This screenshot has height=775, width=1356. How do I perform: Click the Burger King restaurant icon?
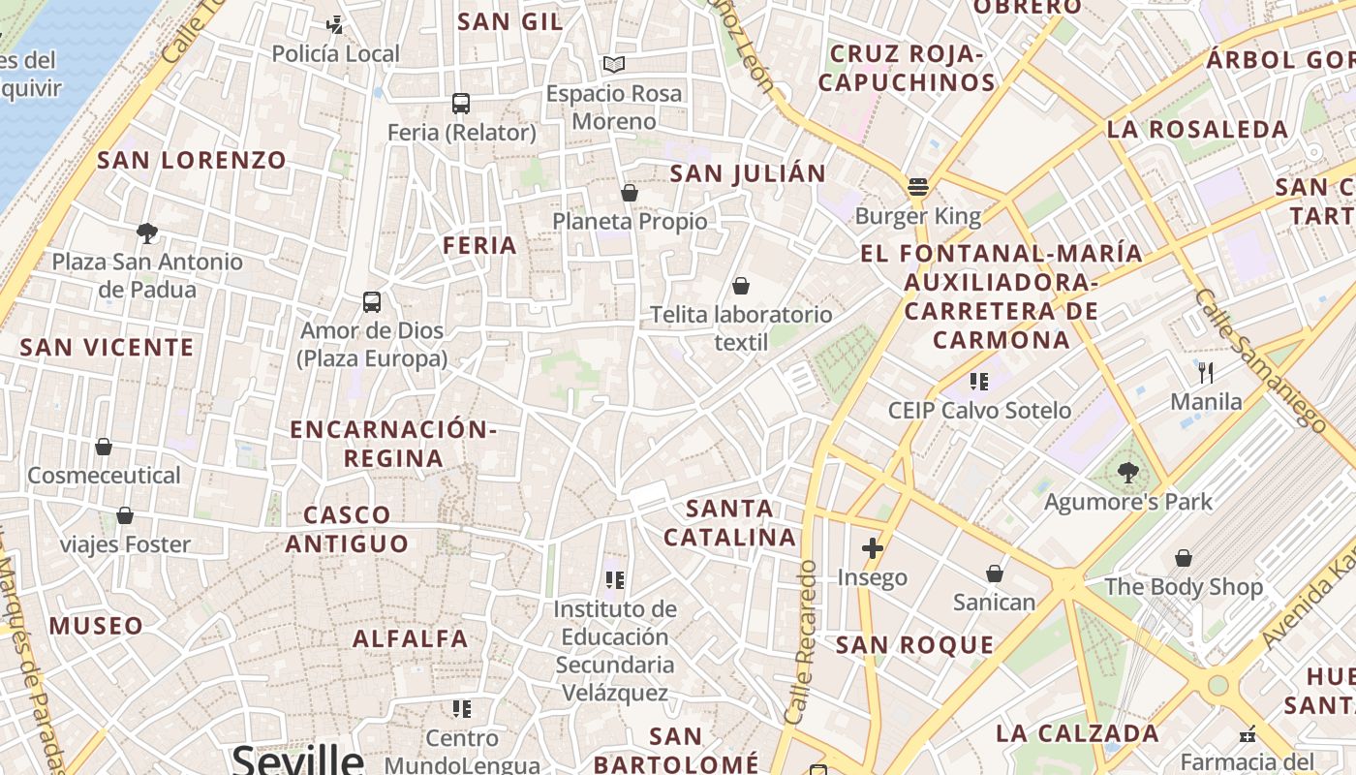pos(918,186)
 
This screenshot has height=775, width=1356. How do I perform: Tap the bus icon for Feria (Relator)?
pos(461,103)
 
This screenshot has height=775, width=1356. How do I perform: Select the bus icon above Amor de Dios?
pos(372,301)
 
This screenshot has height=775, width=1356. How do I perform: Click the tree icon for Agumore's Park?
pos(1127,473)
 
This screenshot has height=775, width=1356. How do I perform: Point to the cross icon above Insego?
pos(873,548)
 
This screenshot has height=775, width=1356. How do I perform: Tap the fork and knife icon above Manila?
pos(1206,372)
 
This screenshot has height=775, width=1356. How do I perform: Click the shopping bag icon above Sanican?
pos(994,573)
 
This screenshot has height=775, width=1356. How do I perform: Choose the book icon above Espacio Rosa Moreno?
pos(614,65)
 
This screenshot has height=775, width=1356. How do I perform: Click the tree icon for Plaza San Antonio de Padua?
pos(147,232)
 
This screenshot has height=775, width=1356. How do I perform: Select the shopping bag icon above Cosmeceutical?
pos(104,447)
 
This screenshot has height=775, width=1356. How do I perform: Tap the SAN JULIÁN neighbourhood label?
pos(749,174)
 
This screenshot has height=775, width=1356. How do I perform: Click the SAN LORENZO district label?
pos(192,161)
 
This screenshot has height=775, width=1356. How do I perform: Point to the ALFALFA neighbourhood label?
pos(411,638)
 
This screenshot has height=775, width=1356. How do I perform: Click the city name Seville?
pos(297,759)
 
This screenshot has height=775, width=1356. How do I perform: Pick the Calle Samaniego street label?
pos(1259,358)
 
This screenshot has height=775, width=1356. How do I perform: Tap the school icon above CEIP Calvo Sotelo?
pos(978,382)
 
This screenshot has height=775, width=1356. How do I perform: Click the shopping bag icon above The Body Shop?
pos(1184,558)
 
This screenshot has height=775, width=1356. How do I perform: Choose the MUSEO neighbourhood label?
pos(97,626)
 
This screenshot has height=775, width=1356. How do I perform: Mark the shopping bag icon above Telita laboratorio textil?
pos(741,286)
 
